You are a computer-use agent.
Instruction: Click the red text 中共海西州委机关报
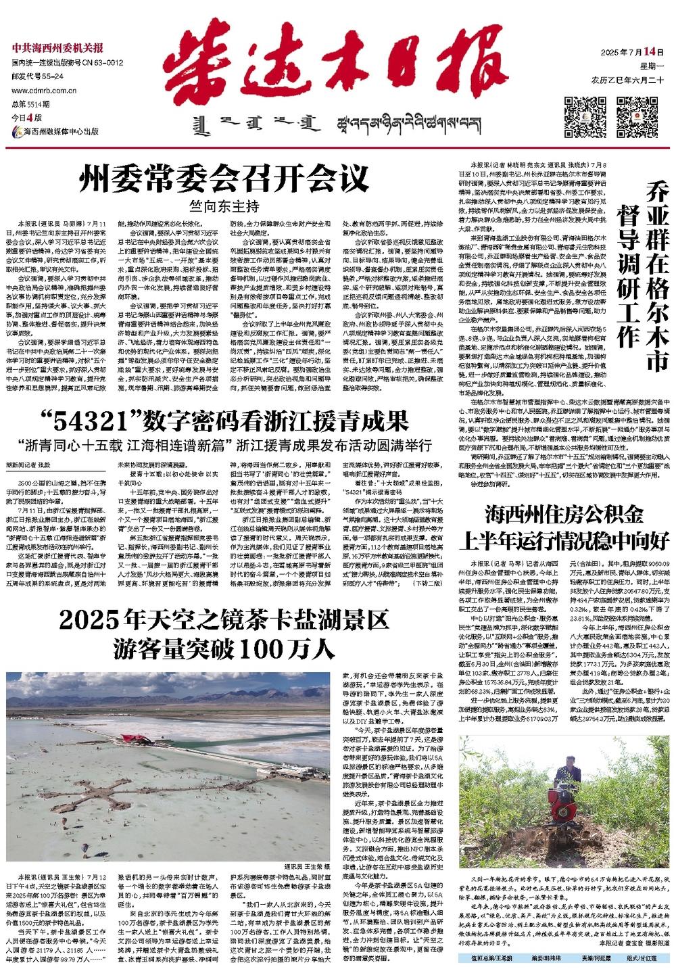point(57,47)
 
